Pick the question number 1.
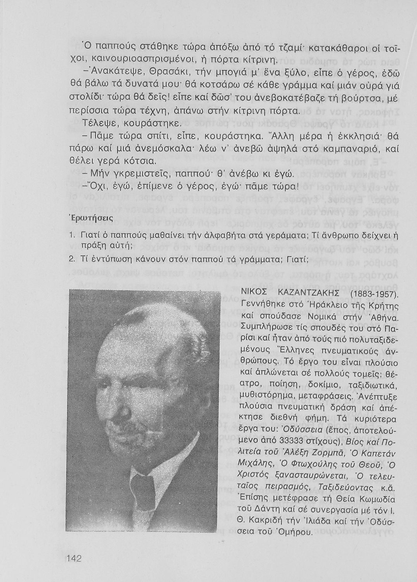(72, 236)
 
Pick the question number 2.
(72, 259)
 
